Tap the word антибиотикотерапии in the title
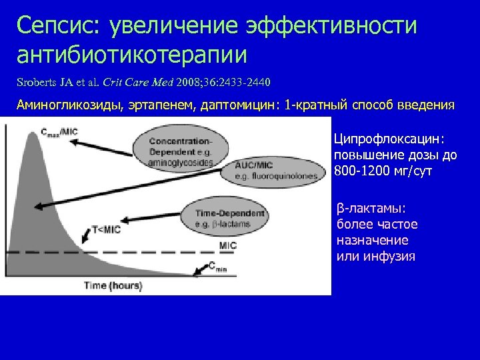point(132,55)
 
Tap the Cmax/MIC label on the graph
point(59,132)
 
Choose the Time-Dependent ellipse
point(223,217)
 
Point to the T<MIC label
point(106,230)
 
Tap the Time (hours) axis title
point(113,286)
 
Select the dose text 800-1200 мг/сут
point(383,171)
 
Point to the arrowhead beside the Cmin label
point(195,272)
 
